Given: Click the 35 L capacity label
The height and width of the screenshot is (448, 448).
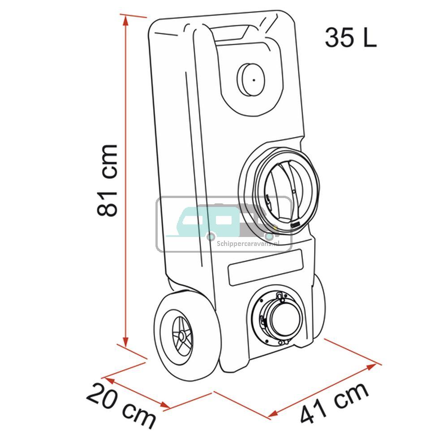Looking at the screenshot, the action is (351, 38).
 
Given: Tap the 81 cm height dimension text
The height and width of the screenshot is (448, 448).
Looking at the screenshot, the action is (108, 180).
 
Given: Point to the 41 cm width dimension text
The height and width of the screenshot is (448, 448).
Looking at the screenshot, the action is (335, 404).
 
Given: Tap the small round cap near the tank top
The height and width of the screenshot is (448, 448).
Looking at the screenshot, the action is (251, 79).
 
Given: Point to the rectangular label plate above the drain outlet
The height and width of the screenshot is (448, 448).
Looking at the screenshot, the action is (265, 267).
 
